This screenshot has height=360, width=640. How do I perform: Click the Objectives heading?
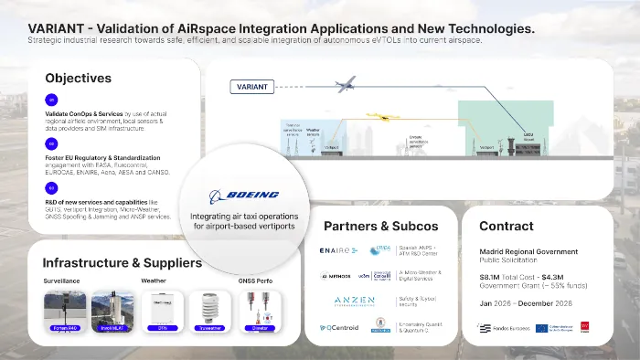pos(78,78)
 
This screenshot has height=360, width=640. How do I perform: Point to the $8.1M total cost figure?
pos(492,289)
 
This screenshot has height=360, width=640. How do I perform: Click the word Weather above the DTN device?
pos(154,281)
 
